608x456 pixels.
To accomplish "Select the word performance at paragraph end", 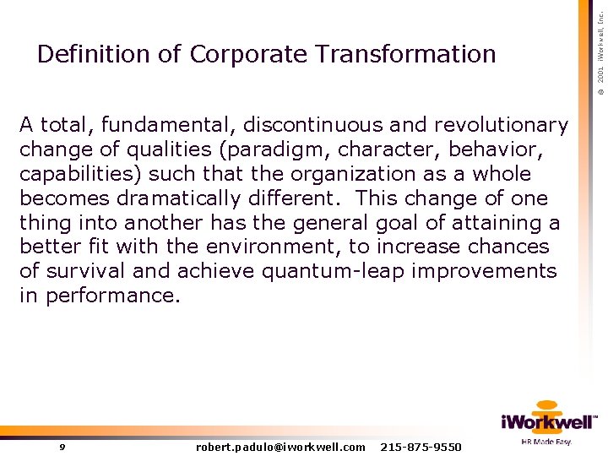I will [112, 296].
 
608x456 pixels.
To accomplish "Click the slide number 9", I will [62, 447].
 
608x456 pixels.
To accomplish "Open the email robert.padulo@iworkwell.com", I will [280, 447].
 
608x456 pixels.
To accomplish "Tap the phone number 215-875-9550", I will [421, 447].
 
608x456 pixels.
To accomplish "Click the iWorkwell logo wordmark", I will [547, 422].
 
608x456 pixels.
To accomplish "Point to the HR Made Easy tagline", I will [546, 442].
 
